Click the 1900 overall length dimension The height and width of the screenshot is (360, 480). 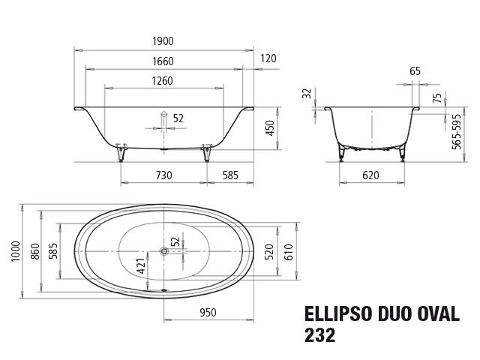coord(163,42)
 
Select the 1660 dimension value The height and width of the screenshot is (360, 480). coord(163,61)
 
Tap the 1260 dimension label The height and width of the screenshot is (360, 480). coord(163,81)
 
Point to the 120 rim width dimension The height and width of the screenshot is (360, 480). coord(268,58)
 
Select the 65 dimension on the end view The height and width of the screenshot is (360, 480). coord(415,71)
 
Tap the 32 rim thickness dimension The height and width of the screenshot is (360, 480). coord(305,94)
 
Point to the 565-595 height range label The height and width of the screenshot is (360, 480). coord(457,132)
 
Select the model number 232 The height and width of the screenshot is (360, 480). coord(320,334)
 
